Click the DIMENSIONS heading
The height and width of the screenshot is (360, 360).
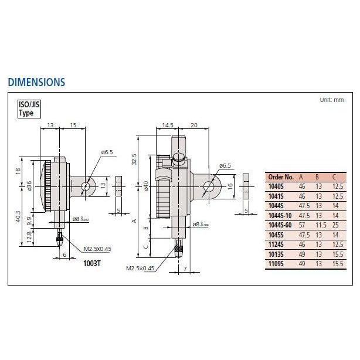[36, 82]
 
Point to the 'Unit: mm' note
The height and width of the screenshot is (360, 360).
[331, 100]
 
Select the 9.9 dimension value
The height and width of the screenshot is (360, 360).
[30, 220]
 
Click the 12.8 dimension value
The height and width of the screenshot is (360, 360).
[30, 236]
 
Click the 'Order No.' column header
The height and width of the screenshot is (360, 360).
[280, 176]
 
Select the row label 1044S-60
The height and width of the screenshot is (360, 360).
[281, 225]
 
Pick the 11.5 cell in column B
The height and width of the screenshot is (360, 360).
[318, 225]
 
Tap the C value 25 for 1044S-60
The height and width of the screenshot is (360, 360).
[335, 225]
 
